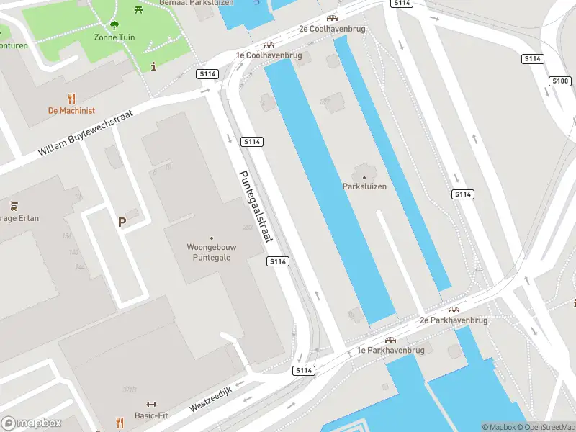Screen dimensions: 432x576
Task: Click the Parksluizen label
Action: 364,186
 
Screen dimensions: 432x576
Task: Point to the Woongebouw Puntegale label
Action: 212,252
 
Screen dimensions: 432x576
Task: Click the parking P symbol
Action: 122,222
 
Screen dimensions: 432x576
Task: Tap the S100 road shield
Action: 561,81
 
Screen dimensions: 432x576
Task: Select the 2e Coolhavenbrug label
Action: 333,29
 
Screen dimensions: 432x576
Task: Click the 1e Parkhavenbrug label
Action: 391,351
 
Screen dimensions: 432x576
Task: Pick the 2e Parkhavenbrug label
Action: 454,320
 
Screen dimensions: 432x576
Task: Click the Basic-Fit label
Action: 152,415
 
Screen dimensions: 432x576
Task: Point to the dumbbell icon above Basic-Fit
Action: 151,404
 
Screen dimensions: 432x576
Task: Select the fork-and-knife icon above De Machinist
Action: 71,99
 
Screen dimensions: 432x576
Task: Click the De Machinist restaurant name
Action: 71,111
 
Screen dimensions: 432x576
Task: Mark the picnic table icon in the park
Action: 138,9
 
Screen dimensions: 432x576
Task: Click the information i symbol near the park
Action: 153,66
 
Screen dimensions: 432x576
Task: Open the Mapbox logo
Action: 32,423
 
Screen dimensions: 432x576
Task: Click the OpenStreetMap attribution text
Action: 545,427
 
